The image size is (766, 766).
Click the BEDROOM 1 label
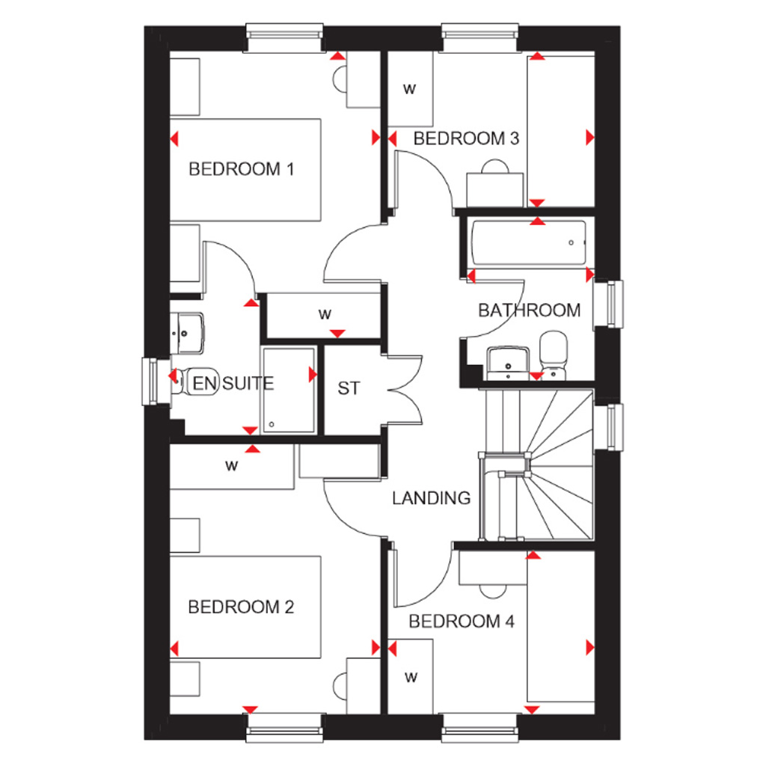(242, 169)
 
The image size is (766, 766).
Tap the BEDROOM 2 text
(242, 607)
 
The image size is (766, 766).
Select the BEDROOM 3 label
(466, 138)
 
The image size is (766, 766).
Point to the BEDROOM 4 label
(462, 621)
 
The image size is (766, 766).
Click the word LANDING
(432, 497)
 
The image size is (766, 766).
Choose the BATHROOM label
(529, 310)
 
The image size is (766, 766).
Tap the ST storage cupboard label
(349, 388)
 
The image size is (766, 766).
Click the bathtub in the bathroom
(530, 243)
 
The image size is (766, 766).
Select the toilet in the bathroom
(554, 355)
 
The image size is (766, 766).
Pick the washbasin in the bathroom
(508, 363)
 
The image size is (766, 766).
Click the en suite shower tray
(289, 390)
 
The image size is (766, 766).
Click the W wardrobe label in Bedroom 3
(409, 90)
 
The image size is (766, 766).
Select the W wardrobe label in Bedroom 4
(411, 678)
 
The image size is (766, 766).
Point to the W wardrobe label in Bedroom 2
(232, 466)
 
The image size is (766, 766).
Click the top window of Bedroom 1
(284, 37)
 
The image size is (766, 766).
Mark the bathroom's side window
(608, 304)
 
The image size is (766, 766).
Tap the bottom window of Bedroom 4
(480, 728)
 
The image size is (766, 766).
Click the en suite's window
(156, 382)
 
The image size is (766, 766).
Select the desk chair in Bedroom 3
(495, 167)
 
